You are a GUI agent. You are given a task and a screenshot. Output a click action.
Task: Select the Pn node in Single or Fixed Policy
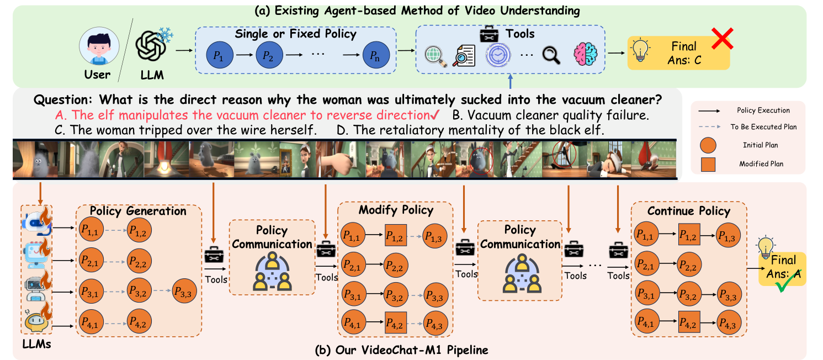(x=376, y=56)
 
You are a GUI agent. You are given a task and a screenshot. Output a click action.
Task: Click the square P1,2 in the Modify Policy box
(x=395, y=236)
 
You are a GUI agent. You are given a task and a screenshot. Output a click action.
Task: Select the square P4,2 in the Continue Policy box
(x=689, y=320)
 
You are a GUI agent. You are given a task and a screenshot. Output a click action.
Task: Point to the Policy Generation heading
(x=138, y=211)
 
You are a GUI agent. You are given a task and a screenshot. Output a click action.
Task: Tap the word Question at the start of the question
(x=64, y=101)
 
